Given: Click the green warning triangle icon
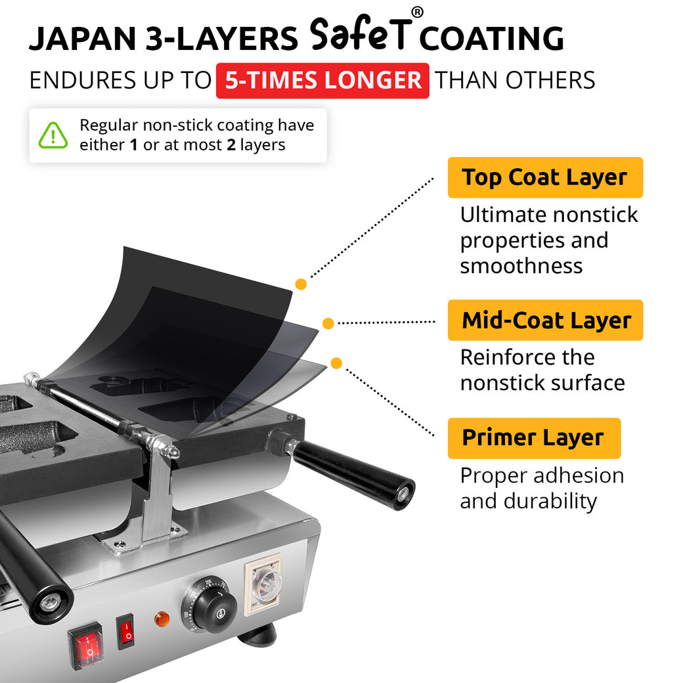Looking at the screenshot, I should coord(53,135).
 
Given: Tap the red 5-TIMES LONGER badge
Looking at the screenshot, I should coord(322,81).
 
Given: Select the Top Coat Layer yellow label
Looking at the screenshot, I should coord(544,177).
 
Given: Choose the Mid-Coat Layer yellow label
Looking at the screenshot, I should coord(545,320).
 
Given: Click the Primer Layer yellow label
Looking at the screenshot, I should coord(533,437).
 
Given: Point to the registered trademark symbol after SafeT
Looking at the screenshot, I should coord(417,12).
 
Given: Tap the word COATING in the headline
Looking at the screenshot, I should coord(491,39).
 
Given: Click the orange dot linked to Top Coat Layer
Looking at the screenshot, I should coord(301,284).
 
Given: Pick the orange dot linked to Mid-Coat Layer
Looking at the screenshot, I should coord(328,323).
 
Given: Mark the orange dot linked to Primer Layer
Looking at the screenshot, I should coord(336,363).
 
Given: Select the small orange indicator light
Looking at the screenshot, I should coord(161,618).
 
